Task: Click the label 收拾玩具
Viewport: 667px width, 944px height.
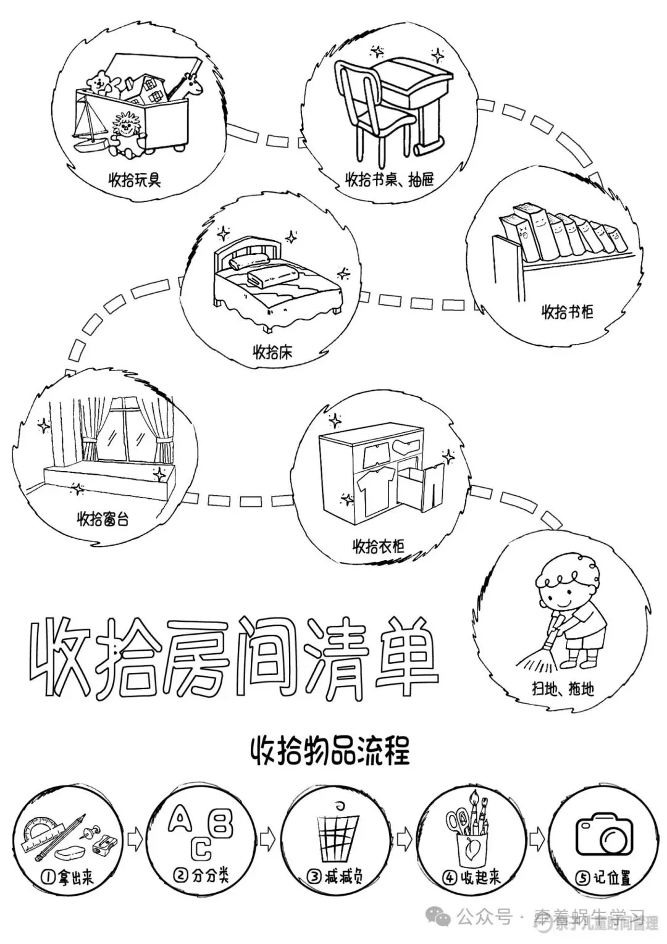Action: [x=135, y=180]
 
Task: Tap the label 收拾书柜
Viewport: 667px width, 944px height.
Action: [x=567, y=311]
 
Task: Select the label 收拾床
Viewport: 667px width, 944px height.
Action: [x=272, y=353]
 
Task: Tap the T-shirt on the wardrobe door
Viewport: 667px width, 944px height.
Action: [x=375, y=484]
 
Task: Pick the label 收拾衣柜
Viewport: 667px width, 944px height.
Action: [x=378, y=546]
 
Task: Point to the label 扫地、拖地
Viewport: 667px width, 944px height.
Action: [x=563, y=688]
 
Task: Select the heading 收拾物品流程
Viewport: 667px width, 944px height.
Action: [x=330, y=751]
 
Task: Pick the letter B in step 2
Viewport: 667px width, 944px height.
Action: [x=222, y=823]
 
